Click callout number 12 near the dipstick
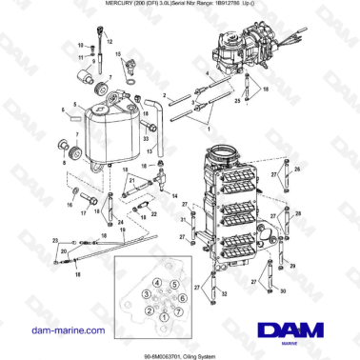(x=108, y=44)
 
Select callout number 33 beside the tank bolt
(x=147, y=139)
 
